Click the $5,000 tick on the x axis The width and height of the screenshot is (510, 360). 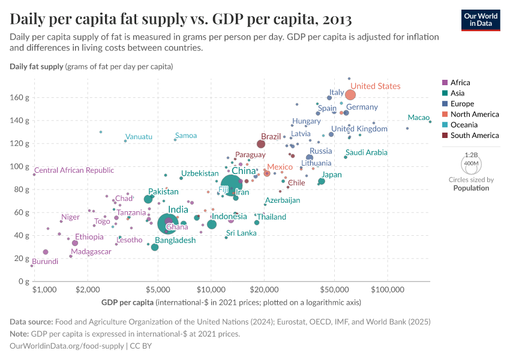(x=158, y=289)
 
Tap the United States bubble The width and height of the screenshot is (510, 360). (x=350, y=95)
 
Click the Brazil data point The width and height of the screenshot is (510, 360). (x=261, y=144)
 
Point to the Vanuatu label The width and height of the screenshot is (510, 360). (x=139, y=137)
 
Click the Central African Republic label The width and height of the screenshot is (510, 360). (x=74, y=170)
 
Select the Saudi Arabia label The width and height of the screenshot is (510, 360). (x=367, y=153)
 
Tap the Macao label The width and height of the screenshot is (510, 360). (x=418, y=118)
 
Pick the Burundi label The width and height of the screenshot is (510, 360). (x=45, y=262)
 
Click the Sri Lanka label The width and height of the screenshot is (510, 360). (x=241, y=233)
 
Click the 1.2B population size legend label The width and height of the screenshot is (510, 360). (x=472, y=155)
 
